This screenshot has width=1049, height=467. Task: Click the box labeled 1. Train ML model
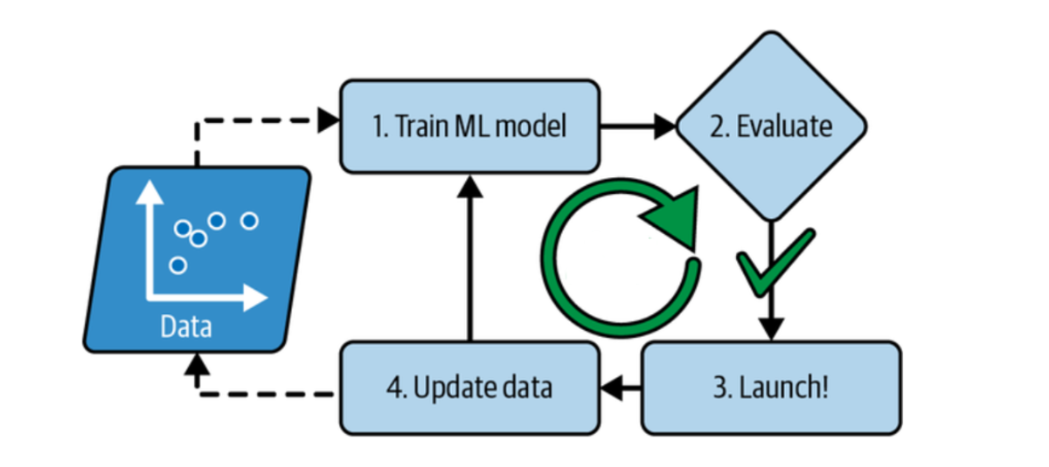[469, 126]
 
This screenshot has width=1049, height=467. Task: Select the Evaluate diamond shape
[771, 127]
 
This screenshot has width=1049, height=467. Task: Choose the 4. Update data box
[469, 388]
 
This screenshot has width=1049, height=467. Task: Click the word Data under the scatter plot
[185, 328]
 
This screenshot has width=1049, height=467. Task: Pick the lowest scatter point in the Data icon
[177, 264]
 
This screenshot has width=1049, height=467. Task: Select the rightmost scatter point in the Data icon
[249, 221]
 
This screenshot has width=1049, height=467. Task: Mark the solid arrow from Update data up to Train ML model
[469, 262]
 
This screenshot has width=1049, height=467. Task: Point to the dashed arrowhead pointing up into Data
[198, 361]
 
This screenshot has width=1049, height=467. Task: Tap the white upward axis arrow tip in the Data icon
[144, 189]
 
